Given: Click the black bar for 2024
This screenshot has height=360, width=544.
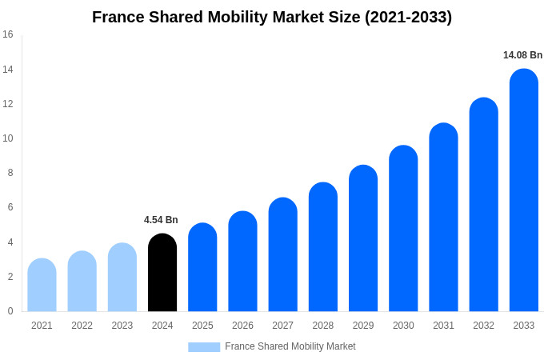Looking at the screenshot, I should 162,273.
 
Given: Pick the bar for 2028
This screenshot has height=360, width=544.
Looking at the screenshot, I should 322,247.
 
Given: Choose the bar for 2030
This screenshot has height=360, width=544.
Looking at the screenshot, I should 403,229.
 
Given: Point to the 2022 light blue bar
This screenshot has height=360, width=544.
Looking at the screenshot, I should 82,282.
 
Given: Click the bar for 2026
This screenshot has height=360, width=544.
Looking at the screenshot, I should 242,262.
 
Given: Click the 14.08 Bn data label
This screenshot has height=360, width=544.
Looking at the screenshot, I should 522,55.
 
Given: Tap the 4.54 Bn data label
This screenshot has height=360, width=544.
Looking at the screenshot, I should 161,220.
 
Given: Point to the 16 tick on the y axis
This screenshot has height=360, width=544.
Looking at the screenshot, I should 8,34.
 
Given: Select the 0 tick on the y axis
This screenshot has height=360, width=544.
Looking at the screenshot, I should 10,311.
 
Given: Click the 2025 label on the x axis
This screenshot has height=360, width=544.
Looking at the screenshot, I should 202,326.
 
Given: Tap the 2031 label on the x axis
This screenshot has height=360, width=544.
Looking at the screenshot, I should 443,326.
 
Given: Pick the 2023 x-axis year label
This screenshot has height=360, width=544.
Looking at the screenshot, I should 122,326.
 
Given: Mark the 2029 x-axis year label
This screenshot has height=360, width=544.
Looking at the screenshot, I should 363,326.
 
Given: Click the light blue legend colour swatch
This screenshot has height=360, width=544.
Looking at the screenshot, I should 204,347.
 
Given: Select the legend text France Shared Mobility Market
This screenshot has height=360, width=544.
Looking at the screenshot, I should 290,346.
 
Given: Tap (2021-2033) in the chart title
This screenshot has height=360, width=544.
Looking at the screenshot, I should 408,17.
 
